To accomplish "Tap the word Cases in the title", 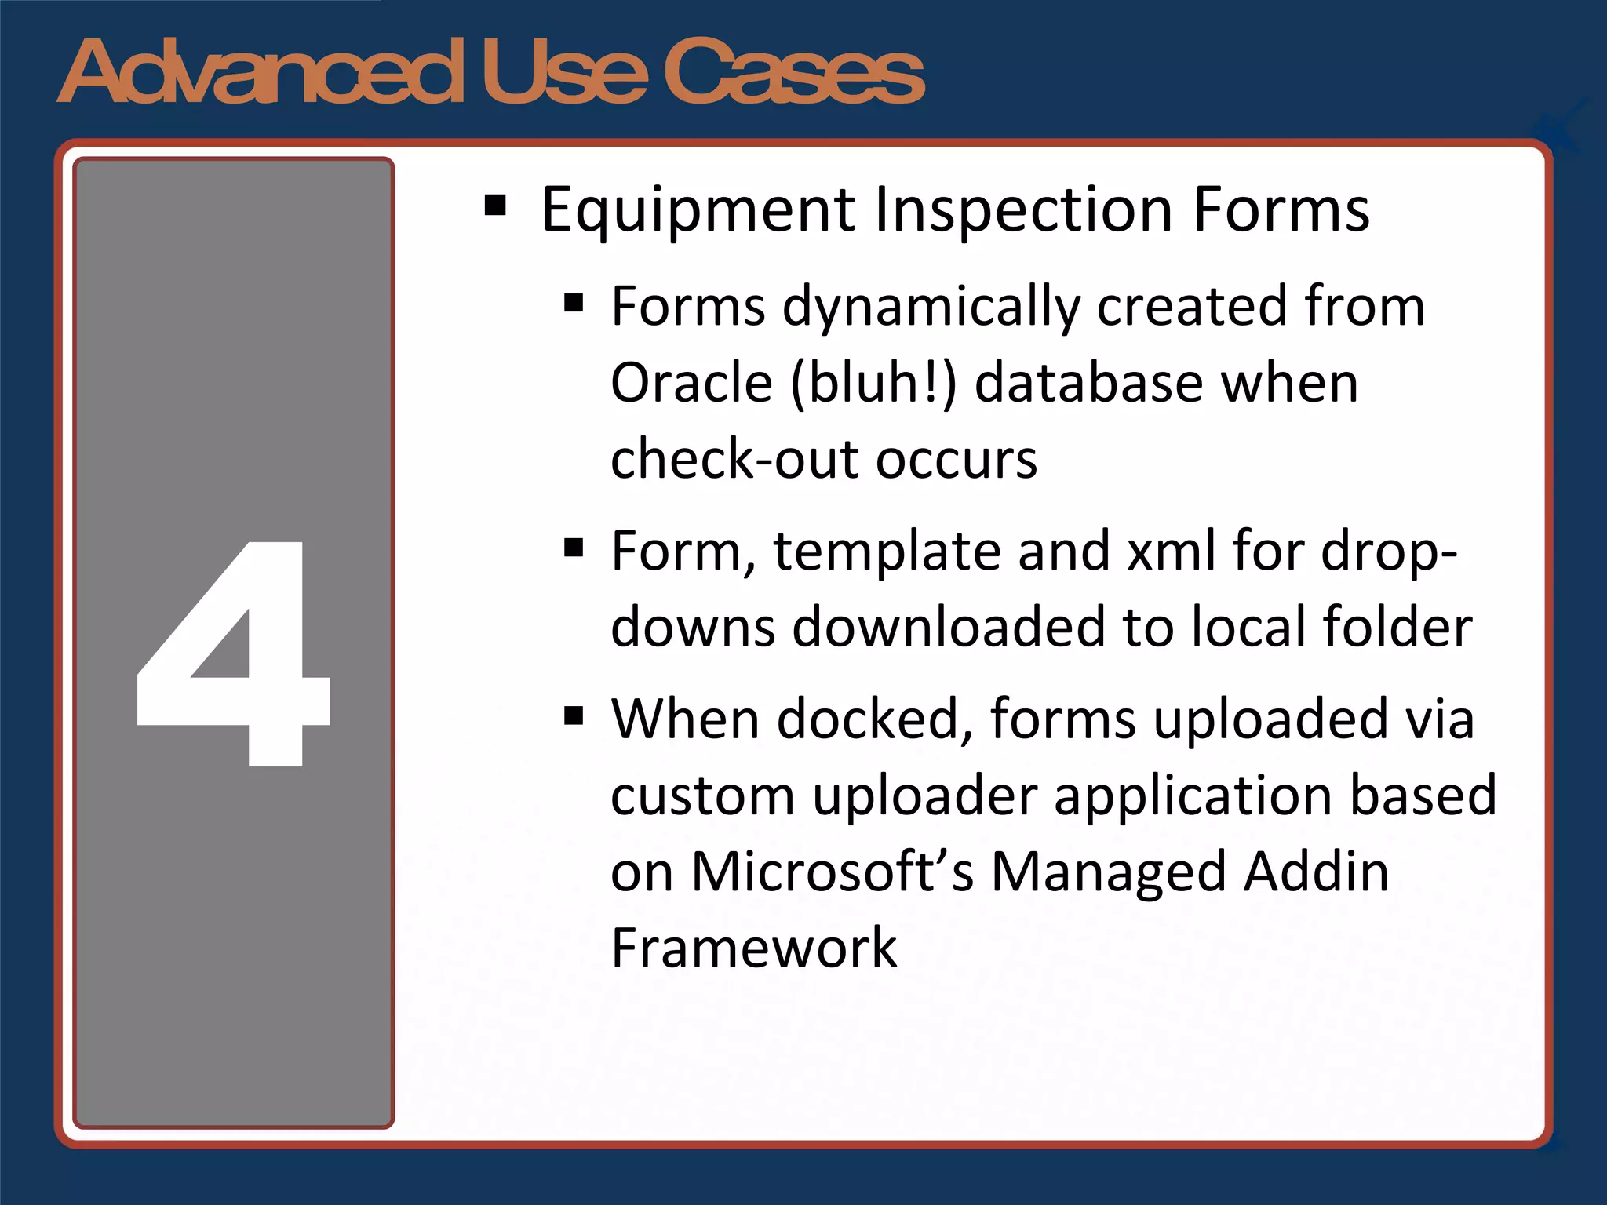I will point(794,72).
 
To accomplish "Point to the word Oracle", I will point(692,383).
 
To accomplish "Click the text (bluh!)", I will point(873,383).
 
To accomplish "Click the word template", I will point(887,551).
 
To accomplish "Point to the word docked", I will point(869,719).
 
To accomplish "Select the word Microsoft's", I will point(832,872).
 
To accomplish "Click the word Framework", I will point(753,948).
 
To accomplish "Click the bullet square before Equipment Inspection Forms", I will point(495,206).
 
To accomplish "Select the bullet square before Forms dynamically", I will point(574,303).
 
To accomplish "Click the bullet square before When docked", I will point(574,715).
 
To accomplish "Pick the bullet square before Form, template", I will point(574,547).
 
